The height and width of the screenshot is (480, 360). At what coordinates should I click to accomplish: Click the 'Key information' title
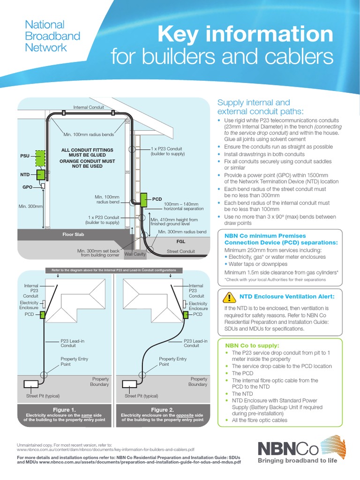tap(246, 35)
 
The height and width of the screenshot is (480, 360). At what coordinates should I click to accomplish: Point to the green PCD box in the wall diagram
tap(143, 200)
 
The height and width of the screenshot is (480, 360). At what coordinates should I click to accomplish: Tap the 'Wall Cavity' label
tap(135, 254)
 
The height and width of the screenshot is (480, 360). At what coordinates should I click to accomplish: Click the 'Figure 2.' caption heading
tap(162, 409)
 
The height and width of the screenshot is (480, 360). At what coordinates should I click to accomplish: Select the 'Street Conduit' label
tap(180, 252)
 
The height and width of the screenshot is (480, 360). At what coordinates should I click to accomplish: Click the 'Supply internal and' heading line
tap(254, 102)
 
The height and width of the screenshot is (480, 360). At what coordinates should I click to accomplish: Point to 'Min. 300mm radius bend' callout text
tap(182, 232)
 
